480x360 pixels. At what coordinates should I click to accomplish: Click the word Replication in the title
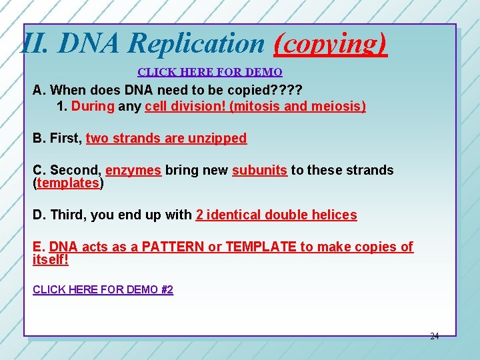[197, 44]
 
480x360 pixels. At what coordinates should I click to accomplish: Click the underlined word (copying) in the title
[330, 44]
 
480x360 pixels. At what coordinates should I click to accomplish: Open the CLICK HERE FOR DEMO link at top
[209, 72]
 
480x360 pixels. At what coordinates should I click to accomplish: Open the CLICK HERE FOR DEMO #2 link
[103, 289]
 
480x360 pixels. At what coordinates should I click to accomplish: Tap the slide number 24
[434, 337]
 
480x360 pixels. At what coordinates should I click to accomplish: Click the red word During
[93, 106]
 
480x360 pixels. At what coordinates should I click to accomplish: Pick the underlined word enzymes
[133, 170]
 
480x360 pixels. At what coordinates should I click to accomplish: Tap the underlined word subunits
[259, 170]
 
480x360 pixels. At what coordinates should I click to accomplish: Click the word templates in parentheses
[68, 183]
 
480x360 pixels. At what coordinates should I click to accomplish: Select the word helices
[333, 215]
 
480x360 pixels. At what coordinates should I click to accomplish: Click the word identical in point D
[233, 215]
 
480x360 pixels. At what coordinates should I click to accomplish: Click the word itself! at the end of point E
[51, 259]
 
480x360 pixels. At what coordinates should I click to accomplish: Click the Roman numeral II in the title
[35, 44]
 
